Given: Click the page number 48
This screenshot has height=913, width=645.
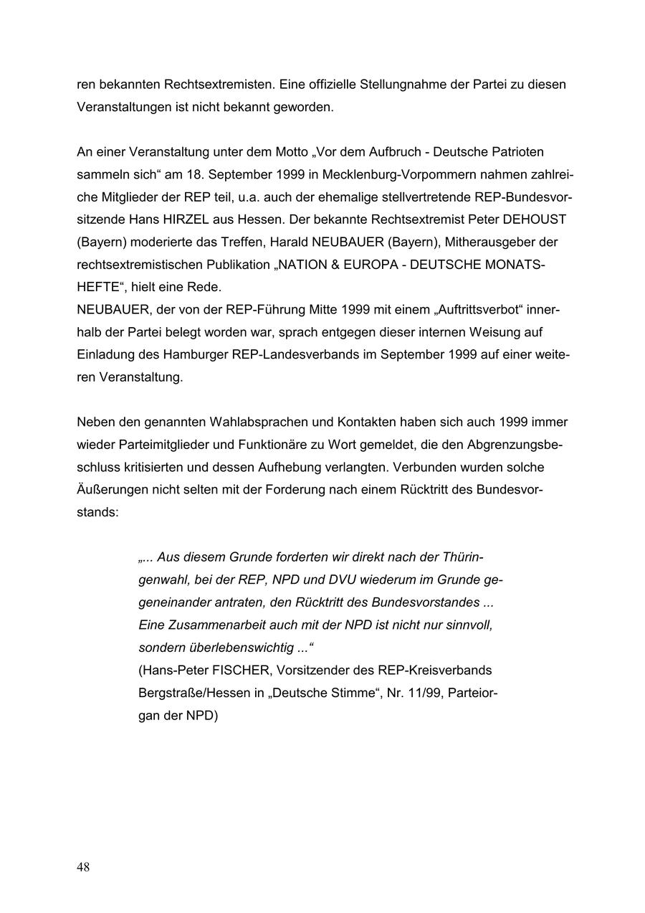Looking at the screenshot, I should point(83,868).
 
